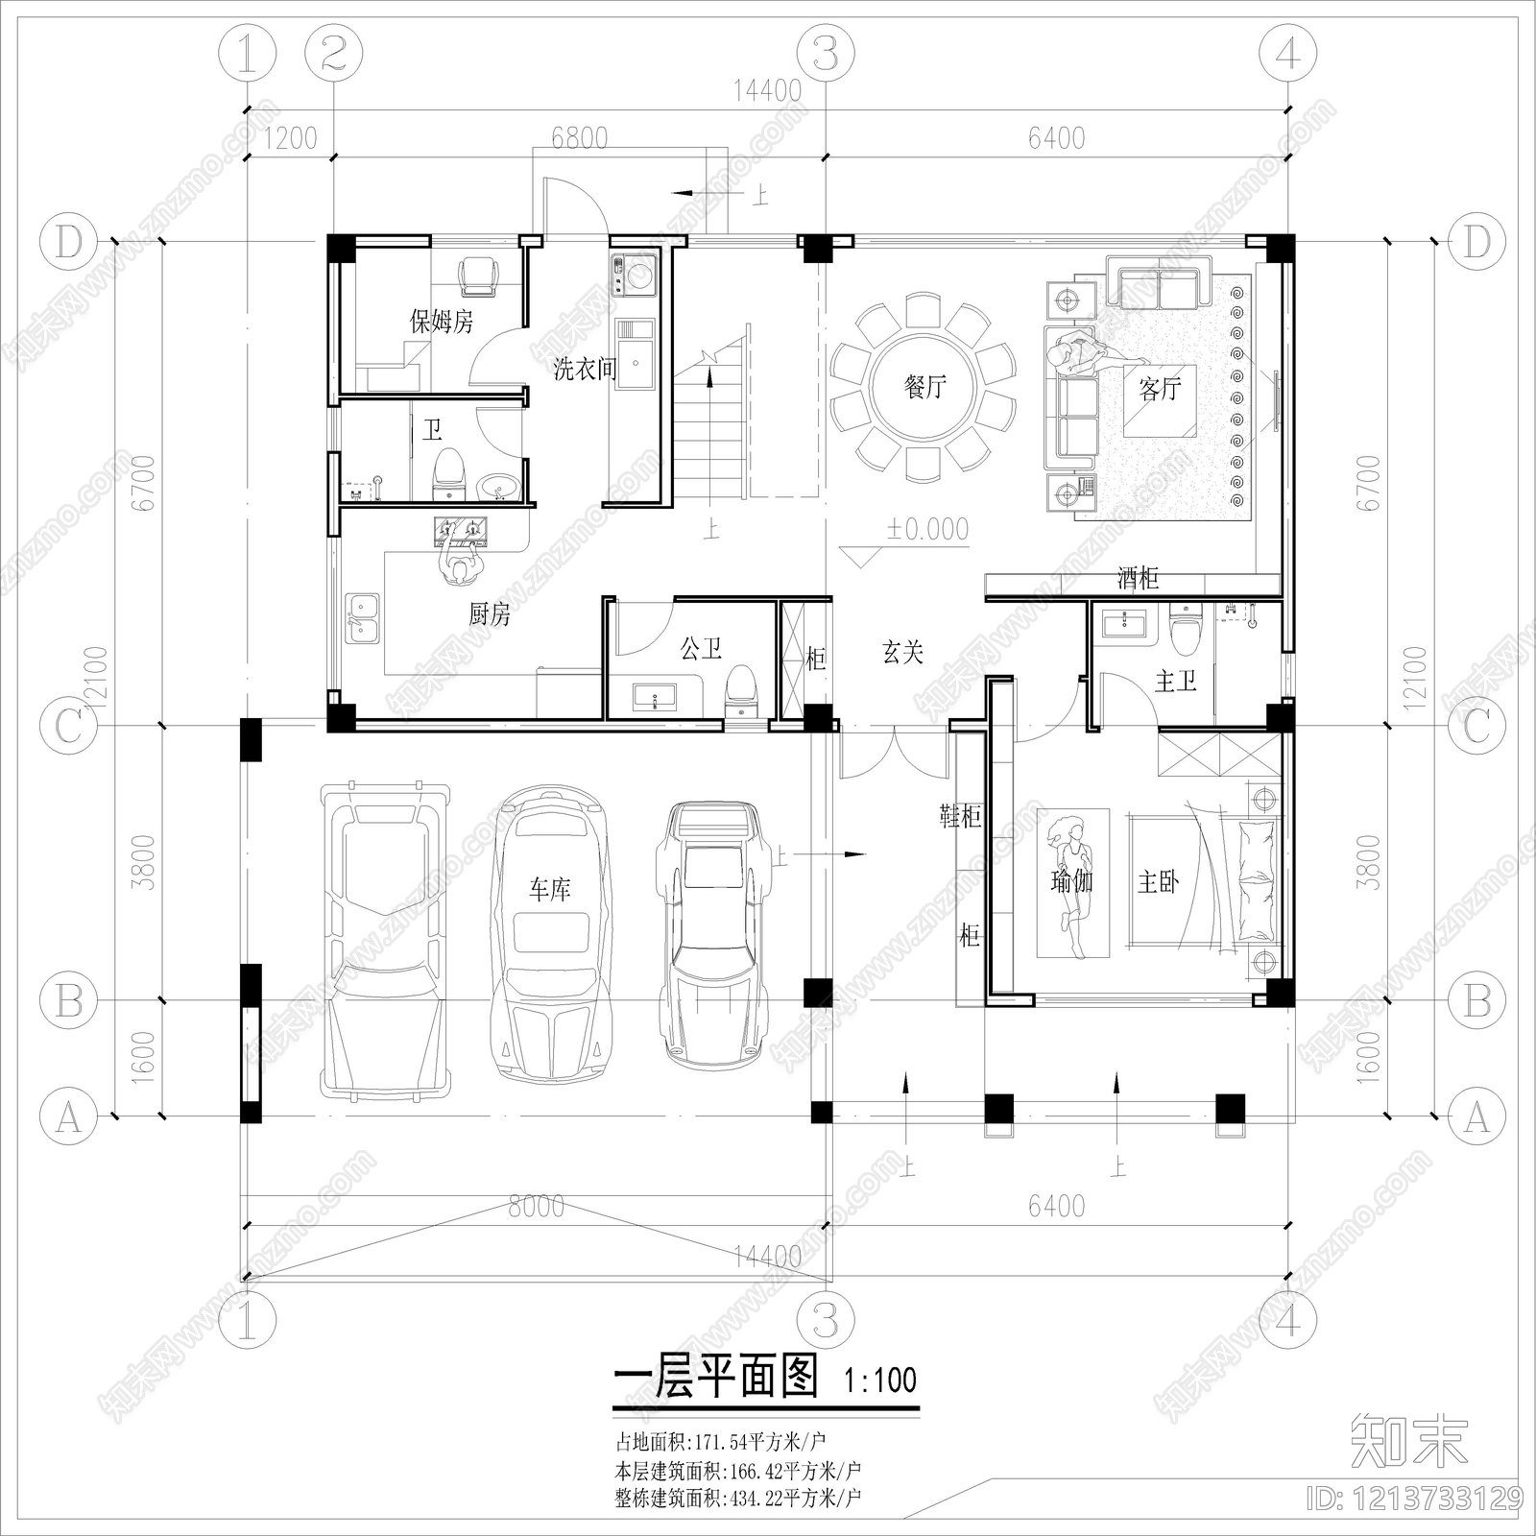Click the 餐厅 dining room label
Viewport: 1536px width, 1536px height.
click(924, 388)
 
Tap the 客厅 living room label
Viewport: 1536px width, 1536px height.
click(1160, 389)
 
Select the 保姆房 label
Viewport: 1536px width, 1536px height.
click(442, 321)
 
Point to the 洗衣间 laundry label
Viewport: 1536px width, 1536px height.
click(584, 369)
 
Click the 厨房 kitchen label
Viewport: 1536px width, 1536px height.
click(490, 614)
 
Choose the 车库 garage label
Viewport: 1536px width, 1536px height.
click(549, 890)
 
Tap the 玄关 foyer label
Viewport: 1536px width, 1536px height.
click(902, 653)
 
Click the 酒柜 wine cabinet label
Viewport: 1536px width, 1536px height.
click(1138, 578)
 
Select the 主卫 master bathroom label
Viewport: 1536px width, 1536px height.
click(1175, 682)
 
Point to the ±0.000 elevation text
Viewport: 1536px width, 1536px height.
click(926, 529)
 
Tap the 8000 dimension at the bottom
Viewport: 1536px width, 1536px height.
click(536, 1206)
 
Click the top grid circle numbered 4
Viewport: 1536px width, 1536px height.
click(1287, 54)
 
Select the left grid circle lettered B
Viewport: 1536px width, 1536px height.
click(68, 1001)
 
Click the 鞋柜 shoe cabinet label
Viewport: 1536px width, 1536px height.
click(960, 816)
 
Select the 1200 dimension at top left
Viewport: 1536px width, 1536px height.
click(290, 138)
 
